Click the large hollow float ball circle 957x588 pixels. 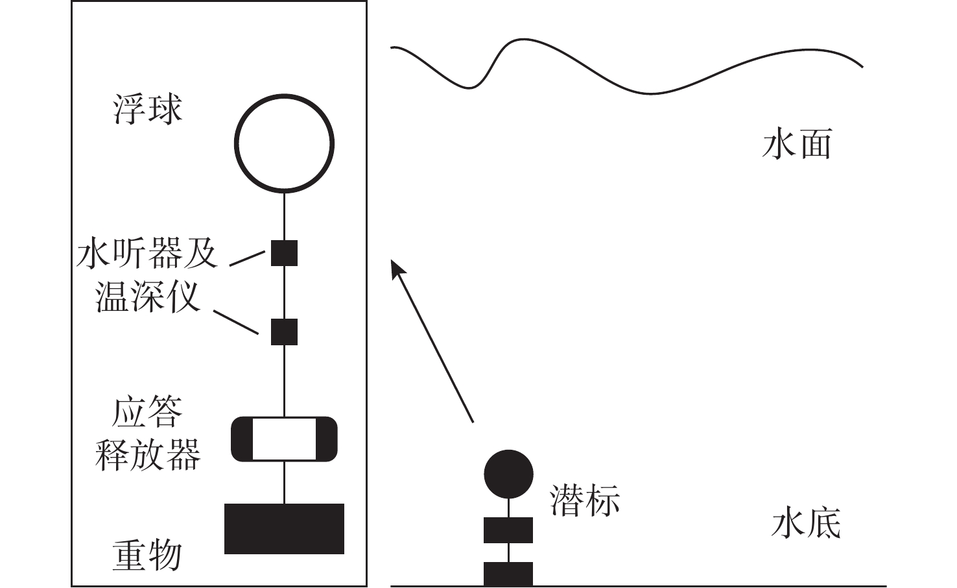coord(284,143)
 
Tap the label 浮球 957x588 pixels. coord(148,108)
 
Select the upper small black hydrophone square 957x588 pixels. coord(284,252)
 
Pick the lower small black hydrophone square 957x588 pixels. coord(284,332)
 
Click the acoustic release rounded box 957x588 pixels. coord(284,439)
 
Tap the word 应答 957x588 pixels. coord(148,412)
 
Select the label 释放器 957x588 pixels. coord(148,454)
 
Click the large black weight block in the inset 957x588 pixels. coord(284,528)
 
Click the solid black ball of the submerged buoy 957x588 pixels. coord(508,474)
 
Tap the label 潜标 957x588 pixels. coord(585,501)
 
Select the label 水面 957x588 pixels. coord(797,144)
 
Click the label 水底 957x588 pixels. coord(806,523)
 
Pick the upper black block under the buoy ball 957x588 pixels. coord(508,530)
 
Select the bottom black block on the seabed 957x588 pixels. coord(508,574)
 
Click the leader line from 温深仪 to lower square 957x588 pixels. coord(236,323)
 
